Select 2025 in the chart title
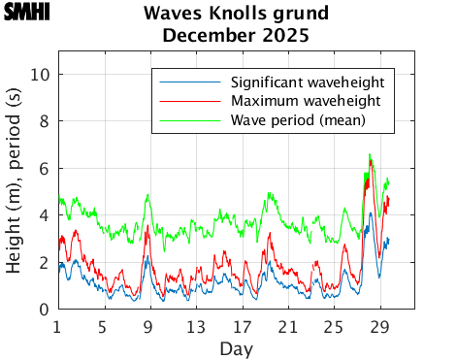(x=284, y=36)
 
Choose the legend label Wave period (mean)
(x=298, y=120)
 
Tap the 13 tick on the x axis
(x=196, y=325)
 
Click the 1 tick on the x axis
(x=58, y=325)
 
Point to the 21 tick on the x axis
(x=288, y=325)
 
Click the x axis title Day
(x=237, y=346)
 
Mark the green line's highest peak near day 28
(x=370, y=154)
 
